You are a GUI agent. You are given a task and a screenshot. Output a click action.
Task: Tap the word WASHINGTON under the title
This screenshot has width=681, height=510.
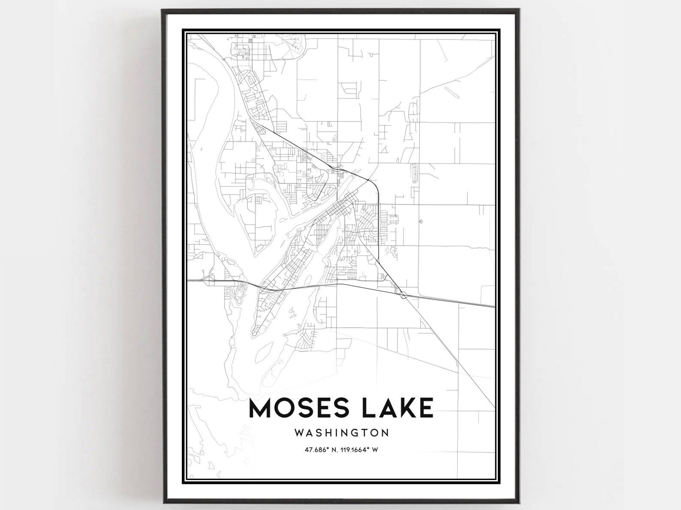[341, 432]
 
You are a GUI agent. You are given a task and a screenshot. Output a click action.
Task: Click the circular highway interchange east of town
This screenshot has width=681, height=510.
[403, 295]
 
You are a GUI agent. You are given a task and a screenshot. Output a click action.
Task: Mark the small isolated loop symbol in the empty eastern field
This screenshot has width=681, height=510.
[421, 222]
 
